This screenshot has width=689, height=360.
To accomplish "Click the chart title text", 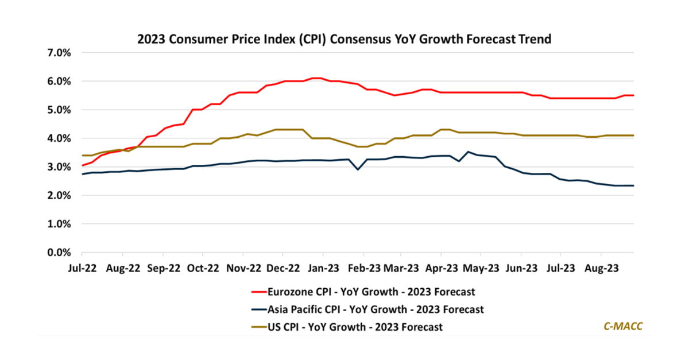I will tap(344, 40).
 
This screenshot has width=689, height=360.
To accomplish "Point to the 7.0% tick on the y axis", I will tap(60, 53).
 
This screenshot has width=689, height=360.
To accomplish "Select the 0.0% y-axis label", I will tap(60, 253).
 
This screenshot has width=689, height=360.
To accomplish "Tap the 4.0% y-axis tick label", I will tap(60, 138).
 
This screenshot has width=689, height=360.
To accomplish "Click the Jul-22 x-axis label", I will tap(82, 268).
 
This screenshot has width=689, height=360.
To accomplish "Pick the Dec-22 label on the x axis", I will tap(282, 268).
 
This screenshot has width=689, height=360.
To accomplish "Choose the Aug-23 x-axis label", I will tap(601, 268).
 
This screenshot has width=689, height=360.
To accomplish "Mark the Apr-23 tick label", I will tap(441, 268).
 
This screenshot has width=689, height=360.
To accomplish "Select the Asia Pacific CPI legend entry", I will tap(367, 309).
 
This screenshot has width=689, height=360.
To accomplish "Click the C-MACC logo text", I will tap(623, 326).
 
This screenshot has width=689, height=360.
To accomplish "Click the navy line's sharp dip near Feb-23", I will tap(358, 169).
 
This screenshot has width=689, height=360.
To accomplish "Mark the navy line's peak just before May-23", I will tap(469, 152).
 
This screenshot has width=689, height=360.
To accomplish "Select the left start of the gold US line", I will tap(83, 156).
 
